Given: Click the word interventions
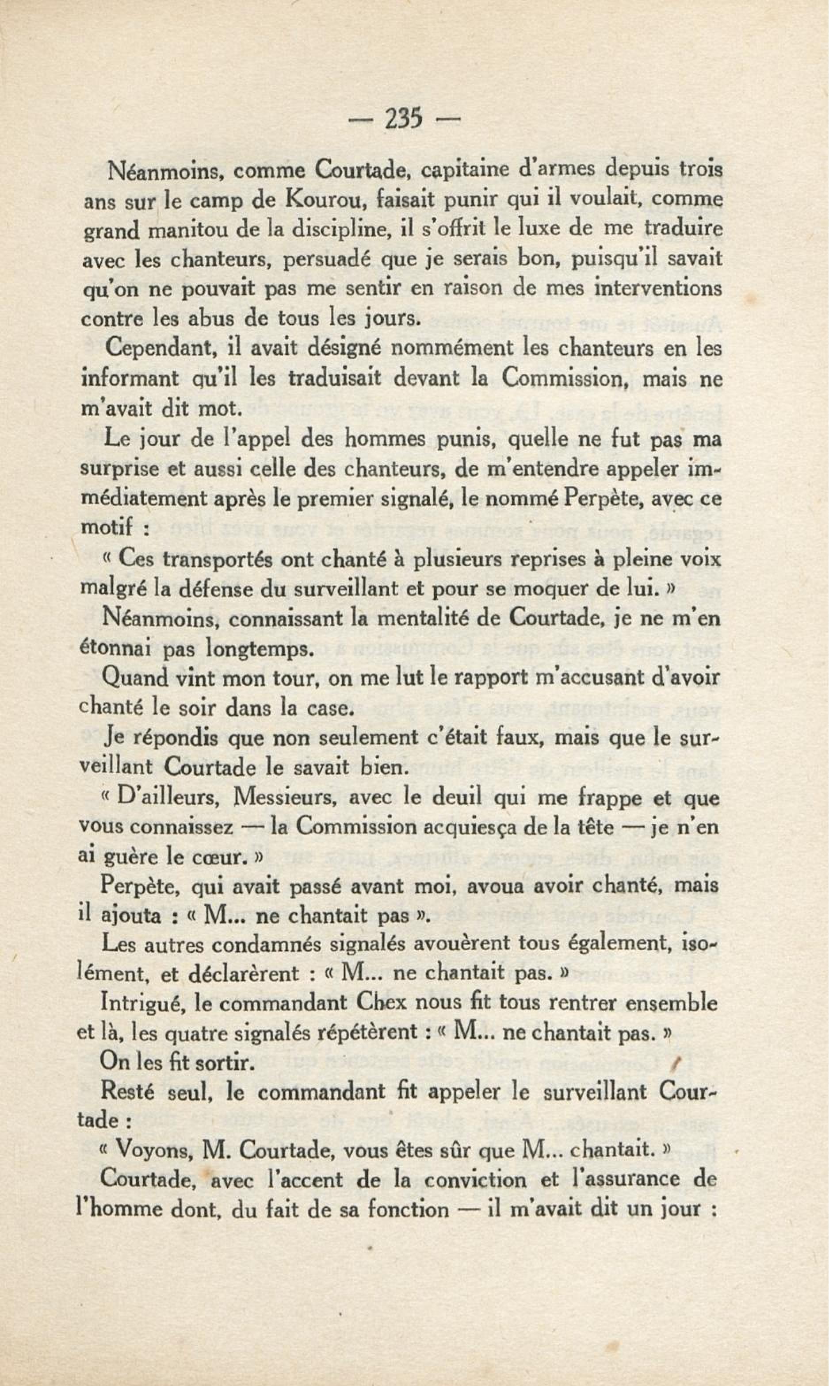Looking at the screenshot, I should point(657,289).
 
